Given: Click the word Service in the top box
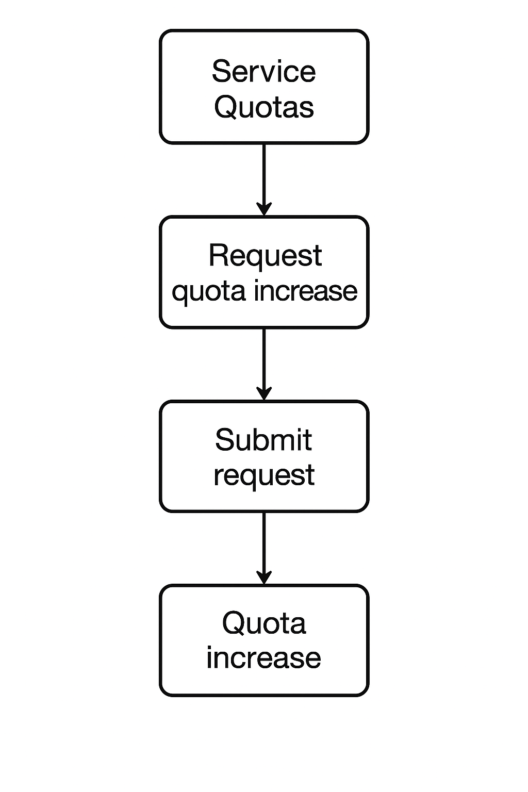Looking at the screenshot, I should click(x=263, y=71).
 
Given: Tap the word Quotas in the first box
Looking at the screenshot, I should click(x=263, y=107).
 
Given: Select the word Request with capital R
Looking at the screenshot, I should click(x=265, y=255).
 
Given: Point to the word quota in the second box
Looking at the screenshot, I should click(x=208, y=291).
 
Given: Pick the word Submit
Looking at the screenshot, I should click(x=263, y=440).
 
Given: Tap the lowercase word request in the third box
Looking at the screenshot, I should click(x=263, y=475).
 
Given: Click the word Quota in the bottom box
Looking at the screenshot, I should click(x=263, y=623).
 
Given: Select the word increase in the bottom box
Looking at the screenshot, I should click(x=263, y=658).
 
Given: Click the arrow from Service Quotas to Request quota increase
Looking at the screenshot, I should click(x=264, y=175).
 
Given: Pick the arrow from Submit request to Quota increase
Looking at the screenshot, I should click(x=264, y=544).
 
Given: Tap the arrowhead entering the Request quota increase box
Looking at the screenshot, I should click(x=264, y=209).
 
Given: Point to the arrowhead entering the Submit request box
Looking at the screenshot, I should click(x=264, y=394).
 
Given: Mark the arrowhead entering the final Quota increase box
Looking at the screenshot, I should click(x=264, y=578).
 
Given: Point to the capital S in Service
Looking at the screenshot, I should click(x=221, y=71).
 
